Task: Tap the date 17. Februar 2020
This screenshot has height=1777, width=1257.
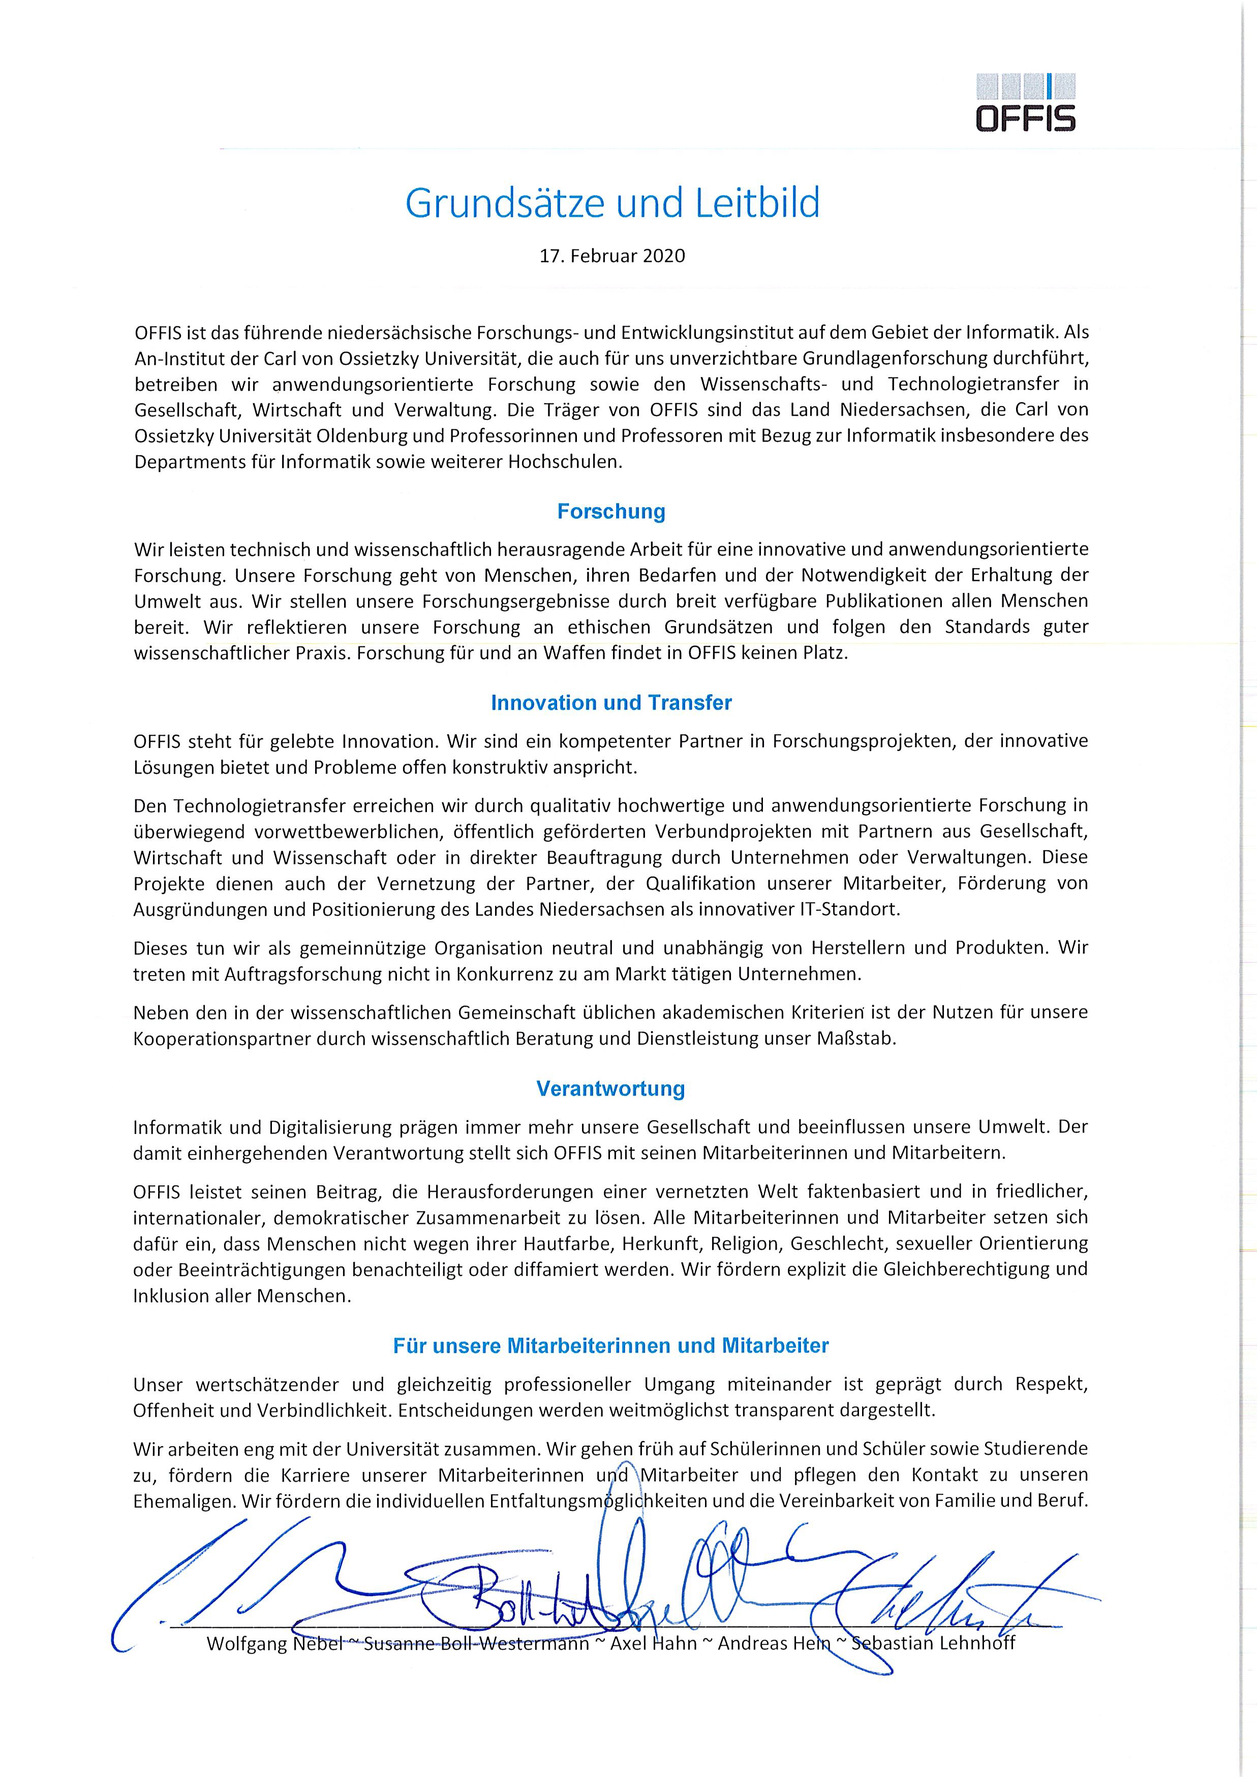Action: tap(611, 256)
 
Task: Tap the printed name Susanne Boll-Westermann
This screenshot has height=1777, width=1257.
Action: tap(476, 1643)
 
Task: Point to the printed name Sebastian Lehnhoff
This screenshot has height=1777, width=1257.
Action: tap(933, 1643)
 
